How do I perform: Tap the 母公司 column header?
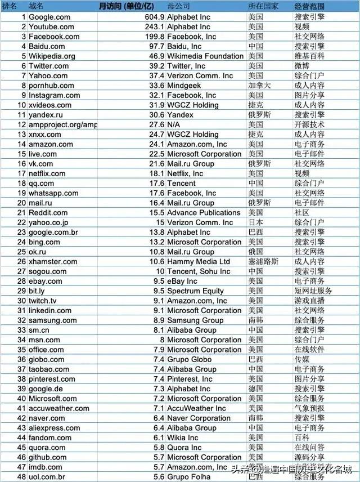coord(178,6)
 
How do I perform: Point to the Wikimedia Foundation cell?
coord(205,56)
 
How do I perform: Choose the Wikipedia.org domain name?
coord(52,56)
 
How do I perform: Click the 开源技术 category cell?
coord(309,125)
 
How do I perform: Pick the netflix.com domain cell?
coord(47,174)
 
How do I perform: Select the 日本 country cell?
coord(256,222)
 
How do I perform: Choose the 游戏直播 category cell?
coord(309,301)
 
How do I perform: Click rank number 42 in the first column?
coord(22,418)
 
